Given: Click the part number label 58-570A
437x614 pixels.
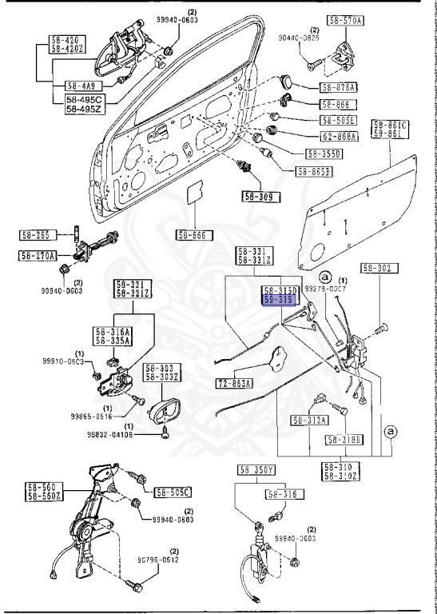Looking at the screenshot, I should point(344,20).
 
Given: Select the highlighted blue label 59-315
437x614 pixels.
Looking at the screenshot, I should point(280,299).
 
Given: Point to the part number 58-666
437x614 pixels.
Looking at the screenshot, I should point(193,235).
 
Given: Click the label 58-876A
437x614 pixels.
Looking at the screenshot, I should point(339,87).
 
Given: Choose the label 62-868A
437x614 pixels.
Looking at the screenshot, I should point(339,137).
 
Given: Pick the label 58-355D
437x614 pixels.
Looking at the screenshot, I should point(322,153).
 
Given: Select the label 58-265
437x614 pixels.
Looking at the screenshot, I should point(36,235).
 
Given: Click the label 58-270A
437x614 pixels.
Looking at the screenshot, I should point(38,256).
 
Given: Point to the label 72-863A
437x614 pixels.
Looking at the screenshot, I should point(234,384).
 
